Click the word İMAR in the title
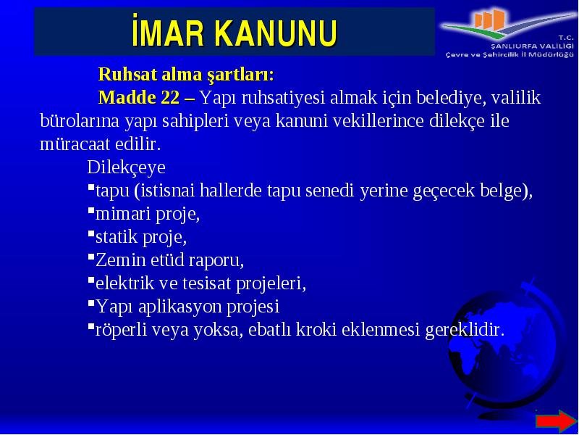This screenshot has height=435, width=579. pos(168,30)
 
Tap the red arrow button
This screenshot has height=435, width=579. pos(556,420)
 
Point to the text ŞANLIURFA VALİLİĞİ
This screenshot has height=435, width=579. pos(532,46)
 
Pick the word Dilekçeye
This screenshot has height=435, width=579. pos(126,168)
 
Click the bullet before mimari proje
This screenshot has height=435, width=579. pos(91,210)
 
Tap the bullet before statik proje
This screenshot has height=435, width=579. pos(91,233)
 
